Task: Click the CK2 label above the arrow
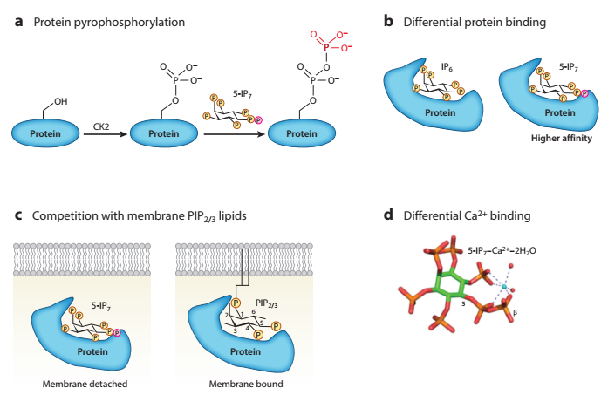pos(101,126)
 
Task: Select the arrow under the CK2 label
pos(105,134)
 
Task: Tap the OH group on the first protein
pos(60,101)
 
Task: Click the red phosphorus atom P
pos(326,47)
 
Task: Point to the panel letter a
pos(18,22)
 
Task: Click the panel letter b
pos(388,21)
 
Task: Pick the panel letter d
pos(388,215)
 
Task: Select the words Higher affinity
pos(562,139)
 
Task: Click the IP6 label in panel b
pos(447,67)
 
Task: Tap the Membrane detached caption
pos(85,384)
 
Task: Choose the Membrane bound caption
pos(246,384)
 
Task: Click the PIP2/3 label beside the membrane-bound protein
pos(266,303)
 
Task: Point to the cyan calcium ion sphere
pos(504,287)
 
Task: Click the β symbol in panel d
pos(515,312)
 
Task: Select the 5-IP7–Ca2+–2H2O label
pos(502,251)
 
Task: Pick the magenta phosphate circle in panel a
pos(258,120)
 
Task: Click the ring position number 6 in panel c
pos(253,311)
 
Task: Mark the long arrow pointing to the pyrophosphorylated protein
pos(234,134)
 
